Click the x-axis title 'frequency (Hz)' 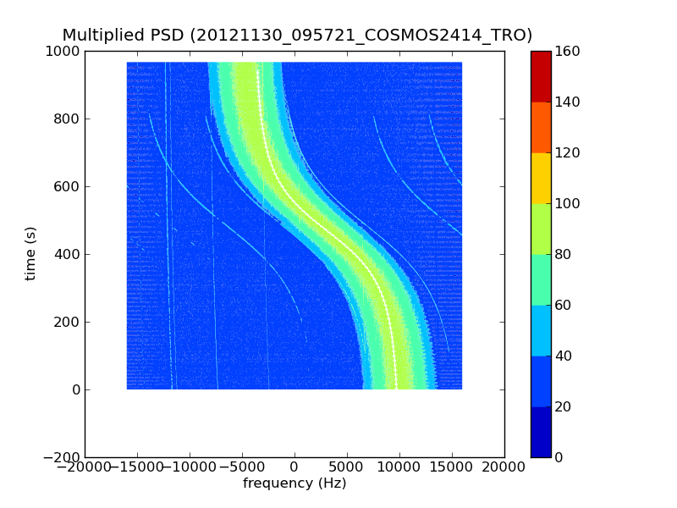point(294,483)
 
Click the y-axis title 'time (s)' point(31,253)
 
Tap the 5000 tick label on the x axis point(347,467)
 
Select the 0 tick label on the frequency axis point(294,467)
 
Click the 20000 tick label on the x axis point(504,467)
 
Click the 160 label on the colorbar point(569,52)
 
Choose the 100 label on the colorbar point(569,204)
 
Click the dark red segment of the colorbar point(541,76)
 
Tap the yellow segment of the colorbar point(541,178)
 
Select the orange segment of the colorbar point(541,127)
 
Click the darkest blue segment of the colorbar point(541,432)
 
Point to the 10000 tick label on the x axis point(399,467)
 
